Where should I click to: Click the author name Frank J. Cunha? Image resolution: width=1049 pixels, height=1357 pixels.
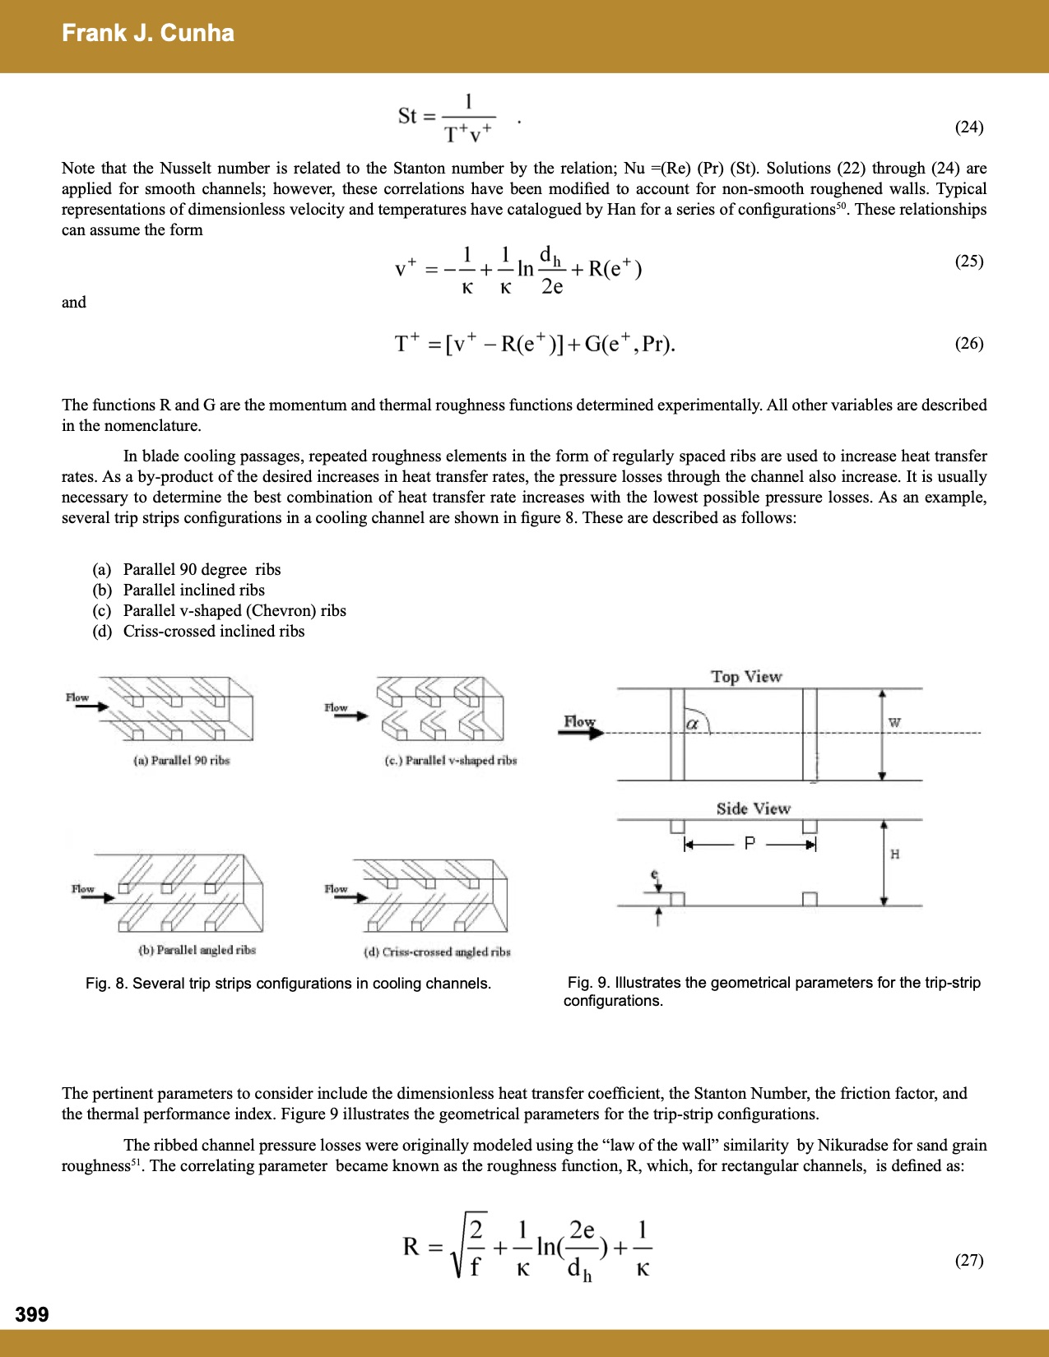click(x=148, y=33)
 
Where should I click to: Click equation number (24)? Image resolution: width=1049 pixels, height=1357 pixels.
click(x=968, y=127)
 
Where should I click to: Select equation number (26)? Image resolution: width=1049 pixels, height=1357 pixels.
click(x=968, y=344)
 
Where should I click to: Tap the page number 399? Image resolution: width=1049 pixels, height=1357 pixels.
click(x=32, y=1314)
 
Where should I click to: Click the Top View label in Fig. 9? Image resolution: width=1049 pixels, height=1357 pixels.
click(x=746, y=677)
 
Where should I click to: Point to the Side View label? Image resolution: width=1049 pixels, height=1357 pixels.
click(x=753, y=808)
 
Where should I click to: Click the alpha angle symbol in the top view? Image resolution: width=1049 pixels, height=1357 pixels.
click(x=692, y=725)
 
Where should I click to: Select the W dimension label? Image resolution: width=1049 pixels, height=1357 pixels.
click(x=894, y=723)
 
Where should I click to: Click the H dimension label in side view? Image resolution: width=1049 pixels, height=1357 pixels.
click(x=895, y=854)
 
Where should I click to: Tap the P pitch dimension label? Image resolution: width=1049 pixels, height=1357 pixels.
click(x=750, y=844)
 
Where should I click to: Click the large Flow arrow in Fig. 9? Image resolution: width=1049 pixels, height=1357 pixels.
click(x=581, y=728)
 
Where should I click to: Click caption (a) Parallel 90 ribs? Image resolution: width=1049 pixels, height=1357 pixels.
click(x=182, y=761)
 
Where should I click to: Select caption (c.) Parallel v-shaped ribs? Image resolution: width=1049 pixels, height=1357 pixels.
click(x=451, y=761)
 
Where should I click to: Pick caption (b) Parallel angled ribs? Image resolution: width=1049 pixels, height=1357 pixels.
click(x=197, y=950)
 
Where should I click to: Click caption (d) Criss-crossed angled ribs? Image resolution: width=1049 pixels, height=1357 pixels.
click(x=437, y=952)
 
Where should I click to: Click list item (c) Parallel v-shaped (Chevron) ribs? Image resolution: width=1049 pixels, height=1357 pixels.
click(x=219, y=610)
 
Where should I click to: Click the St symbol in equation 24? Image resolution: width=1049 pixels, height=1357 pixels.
click(x=407, y=116)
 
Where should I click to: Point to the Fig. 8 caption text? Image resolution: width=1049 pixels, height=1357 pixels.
click(x=288, y=984)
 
